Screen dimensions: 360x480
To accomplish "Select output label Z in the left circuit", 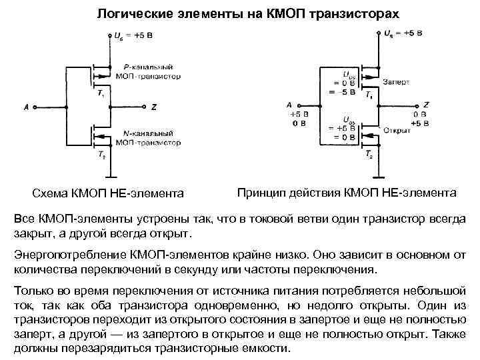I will pos(154,107).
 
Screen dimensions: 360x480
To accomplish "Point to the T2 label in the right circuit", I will pos(369,155).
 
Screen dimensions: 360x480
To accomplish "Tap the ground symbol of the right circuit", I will pos(377,178).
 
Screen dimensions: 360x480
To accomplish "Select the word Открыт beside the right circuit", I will pos(395,130).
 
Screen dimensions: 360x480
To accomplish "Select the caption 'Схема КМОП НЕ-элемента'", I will pos(109,193).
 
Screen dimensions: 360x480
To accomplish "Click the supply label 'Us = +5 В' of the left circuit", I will pos(133,34).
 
